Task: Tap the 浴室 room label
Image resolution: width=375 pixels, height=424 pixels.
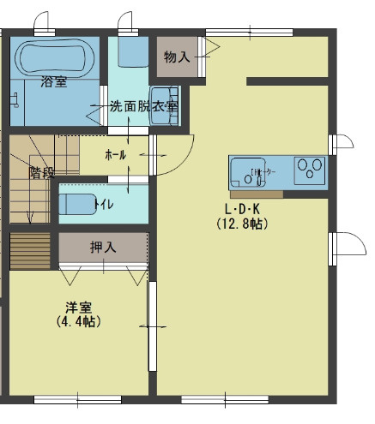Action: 53,82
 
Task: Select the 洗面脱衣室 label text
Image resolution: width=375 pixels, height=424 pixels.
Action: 143,107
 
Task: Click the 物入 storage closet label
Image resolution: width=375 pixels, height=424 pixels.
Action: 176,57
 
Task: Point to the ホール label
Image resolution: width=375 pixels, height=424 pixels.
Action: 115,155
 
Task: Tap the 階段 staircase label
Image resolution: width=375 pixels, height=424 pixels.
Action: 40,170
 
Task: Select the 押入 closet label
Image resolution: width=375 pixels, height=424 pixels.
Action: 103,248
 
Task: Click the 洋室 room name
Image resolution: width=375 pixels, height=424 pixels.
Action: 78,307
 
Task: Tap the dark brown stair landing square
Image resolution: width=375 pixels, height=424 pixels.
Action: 30,250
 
